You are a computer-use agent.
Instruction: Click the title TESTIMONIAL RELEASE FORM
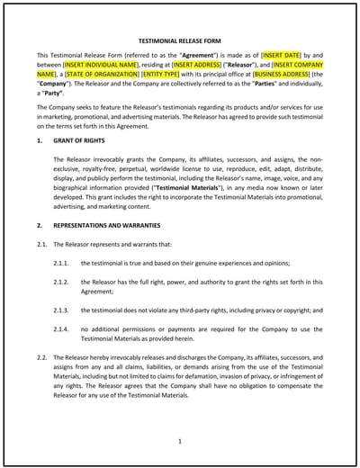tap(180, 41)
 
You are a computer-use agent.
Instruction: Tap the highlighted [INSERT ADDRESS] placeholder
tap(200, 67)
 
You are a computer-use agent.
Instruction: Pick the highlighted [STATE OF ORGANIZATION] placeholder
tap(95, 78)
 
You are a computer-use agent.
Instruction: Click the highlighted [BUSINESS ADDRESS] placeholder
tap(283, 78)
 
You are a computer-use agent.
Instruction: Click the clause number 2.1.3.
tap(62, 309)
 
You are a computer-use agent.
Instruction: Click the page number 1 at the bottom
tap(180, 442)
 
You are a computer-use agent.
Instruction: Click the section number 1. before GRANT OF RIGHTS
tap(40, 141)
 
